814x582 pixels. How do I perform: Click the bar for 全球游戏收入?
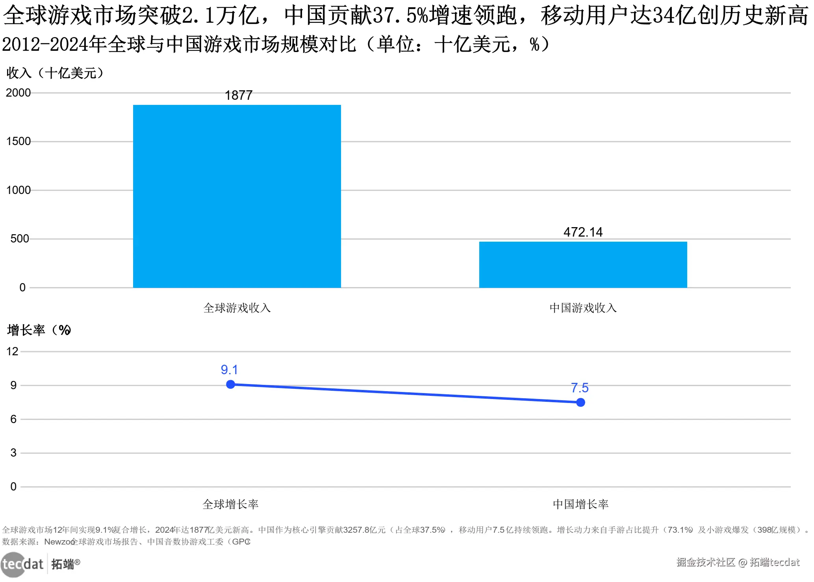pos(237,196)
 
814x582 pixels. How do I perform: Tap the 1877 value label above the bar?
pos(238,95)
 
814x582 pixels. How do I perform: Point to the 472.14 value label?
pos(583,232)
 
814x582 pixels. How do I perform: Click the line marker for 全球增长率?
pos(231,384)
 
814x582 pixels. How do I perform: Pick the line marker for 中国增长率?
pos(580,403)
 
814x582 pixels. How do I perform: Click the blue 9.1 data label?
pos(229,370)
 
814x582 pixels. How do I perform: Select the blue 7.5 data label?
pos(580,388)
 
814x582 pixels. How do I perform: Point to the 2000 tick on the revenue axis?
pos(18,93)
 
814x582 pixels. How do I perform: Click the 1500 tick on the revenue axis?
pos(18,142)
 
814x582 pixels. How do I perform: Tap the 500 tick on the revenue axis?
pos(20,239)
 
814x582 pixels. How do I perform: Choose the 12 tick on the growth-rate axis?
pos(13,352)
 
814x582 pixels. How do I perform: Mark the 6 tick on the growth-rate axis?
pos(13,419)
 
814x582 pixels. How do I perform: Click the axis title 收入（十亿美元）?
pos(55,73)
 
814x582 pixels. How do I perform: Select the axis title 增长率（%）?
pos(39,330)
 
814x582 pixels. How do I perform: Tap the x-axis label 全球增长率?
pos(230,504)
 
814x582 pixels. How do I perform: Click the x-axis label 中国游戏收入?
pos(583,308)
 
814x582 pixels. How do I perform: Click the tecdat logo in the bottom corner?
pos(23,564)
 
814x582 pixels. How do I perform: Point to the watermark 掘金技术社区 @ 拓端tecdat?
pos(738,562)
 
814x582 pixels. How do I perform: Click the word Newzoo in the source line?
pos(59,542)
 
